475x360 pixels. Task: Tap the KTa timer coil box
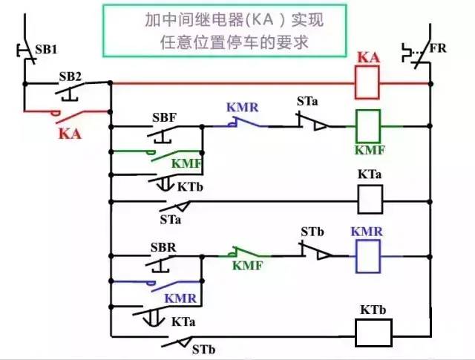point(370,198)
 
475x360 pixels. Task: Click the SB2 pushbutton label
point(70,76)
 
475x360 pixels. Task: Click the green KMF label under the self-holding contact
point(186,163)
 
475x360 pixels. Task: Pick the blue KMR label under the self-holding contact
point(180,298)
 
